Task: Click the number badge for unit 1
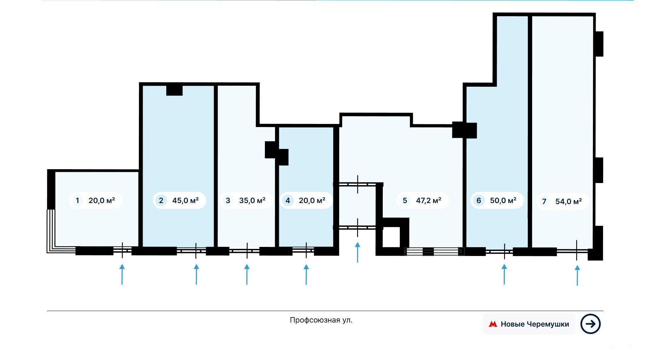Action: [77, 201]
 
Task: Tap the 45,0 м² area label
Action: [185, 201]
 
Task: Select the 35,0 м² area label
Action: [252, 201]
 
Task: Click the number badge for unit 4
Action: [288, 201]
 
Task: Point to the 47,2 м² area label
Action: [429, 201]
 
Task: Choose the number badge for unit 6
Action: [479, 201]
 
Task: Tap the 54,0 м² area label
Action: [569, 202]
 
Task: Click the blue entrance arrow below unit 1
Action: [122, 275]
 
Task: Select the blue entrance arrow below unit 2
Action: [196, 275]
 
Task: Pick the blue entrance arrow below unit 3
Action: [247, 275]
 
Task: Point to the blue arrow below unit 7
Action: [577, 275]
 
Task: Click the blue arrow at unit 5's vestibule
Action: [357, 252]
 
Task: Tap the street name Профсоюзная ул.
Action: [321, 320]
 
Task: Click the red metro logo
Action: [493, 324]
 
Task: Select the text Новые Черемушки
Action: [535, 324]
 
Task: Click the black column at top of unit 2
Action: [175, 90]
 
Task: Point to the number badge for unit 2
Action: [161, 201]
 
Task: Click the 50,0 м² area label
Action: [503, 201]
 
